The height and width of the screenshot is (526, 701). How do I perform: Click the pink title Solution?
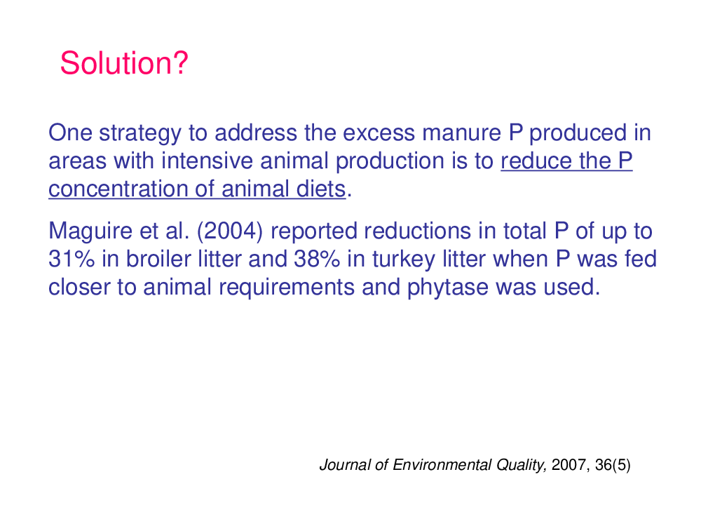(124, 63)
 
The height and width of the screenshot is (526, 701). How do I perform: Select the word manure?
(461, 133)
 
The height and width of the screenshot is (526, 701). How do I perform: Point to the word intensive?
(207, 161)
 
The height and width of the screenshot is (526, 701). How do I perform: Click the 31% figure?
(72, 259)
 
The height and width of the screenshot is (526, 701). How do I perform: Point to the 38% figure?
(317, 259)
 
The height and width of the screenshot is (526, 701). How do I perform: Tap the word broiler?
(158, 259)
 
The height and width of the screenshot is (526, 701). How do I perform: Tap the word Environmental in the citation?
(442, 465)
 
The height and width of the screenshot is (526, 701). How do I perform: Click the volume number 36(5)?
(613, 465)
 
